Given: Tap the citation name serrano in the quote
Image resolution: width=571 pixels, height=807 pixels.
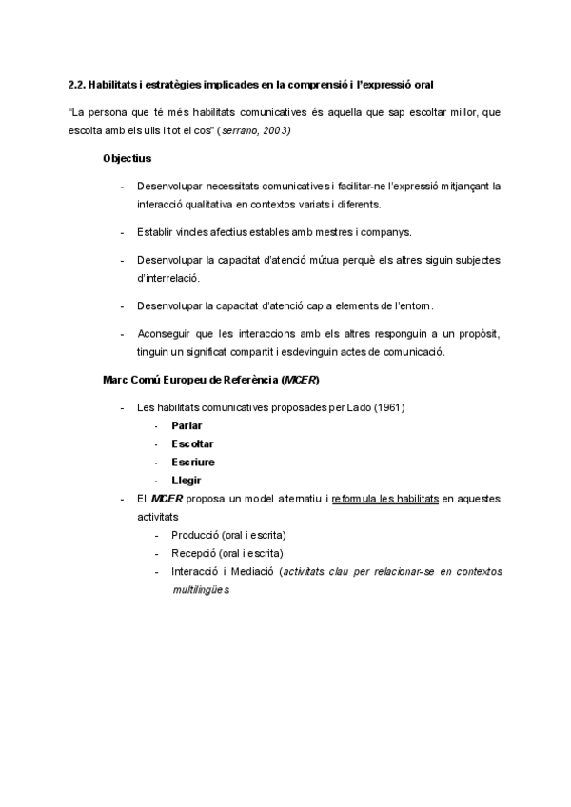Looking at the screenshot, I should [x=237, y=129].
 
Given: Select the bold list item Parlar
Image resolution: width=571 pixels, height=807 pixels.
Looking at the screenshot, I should [x=187, y=425].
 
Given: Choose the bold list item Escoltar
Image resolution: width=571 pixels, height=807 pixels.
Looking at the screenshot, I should [x=192, y=443].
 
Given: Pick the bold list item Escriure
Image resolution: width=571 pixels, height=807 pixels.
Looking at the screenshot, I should [x=192, y=462].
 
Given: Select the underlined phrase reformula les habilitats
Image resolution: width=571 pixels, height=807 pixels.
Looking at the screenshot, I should [x=384, y=498].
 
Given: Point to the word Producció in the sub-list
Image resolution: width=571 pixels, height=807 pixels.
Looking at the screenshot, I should [x=196, y=535].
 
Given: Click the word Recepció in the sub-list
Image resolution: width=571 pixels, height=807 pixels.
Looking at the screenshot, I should [x=195, y=553].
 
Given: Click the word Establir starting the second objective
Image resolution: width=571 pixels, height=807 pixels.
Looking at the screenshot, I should [x=155, y=232].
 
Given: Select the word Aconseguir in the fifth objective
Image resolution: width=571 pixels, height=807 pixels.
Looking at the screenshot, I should [x=164, y=334].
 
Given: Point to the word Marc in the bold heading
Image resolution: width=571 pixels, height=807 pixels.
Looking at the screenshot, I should [x=114, y=380].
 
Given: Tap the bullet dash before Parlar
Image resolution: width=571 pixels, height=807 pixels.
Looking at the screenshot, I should [x=157, y=425].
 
